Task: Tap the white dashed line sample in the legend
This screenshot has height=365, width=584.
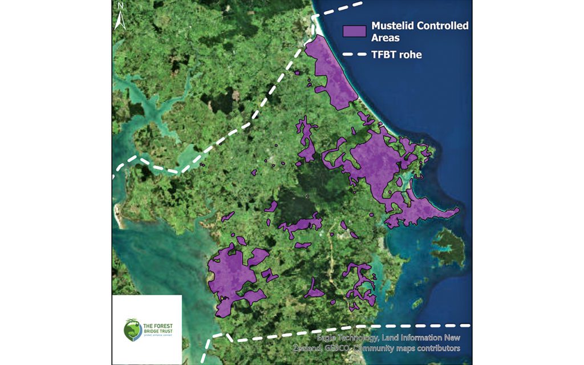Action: click(x=354, y=55)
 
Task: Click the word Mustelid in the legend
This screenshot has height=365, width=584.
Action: click(x=394, y=26)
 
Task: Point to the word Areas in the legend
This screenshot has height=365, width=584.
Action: click(x=385, y=38)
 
